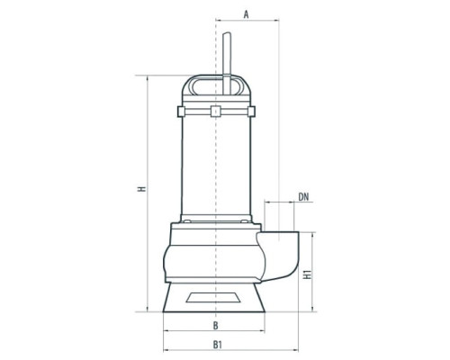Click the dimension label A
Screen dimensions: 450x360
246,14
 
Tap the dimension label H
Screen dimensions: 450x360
142,189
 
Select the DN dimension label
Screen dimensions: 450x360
303,197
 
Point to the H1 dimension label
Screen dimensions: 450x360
308,274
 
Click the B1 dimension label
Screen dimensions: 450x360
217,345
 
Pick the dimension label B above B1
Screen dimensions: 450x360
216,326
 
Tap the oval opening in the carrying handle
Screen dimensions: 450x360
217,86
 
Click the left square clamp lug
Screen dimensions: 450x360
181,112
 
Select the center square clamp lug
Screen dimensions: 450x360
216,112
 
